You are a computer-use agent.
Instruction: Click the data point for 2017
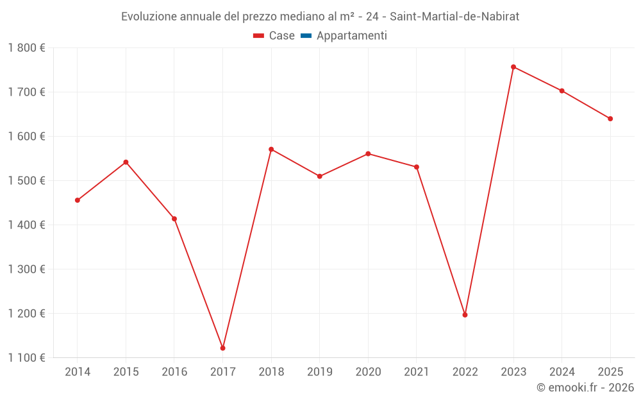222,348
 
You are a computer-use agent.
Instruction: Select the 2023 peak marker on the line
513,67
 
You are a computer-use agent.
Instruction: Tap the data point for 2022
465,314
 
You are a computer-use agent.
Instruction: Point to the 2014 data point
78,200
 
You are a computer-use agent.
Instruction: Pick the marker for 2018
271,149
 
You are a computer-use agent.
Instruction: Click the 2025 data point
610,119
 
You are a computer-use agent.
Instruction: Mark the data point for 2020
368,154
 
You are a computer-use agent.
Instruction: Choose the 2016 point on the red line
174,219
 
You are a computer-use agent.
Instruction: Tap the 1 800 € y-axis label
27,48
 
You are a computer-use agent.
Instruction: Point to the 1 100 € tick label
27,358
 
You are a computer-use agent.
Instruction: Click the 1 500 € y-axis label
27,181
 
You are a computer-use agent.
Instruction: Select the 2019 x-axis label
319,372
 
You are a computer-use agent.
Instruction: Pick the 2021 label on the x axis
417,372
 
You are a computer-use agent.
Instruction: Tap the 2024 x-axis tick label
562,372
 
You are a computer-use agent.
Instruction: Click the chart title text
320,16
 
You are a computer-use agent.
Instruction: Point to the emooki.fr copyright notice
585,388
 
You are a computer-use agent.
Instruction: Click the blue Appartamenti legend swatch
306,36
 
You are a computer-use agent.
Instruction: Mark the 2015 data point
126,162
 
